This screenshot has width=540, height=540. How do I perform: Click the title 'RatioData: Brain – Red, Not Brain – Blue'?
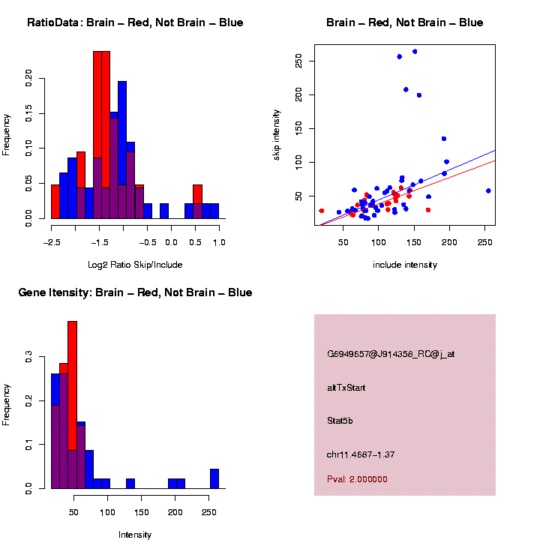click(135, 22)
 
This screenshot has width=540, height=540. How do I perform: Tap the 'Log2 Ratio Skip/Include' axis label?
click(135, 264)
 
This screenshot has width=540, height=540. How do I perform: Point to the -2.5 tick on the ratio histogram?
click(51, 242)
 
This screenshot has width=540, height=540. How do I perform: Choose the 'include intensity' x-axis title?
click(405, 265)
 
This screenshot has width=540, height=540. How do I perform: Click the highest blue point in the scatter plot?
click(415, 52)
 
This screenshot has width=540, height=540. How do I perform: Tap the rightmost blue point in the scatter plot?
click(488, 190)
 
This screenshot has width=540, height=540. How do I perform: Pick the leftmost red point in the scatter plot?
click(322, 211)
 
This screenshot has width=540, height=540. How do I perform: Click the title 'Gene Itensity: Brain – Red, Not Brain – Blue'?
click(135, 292)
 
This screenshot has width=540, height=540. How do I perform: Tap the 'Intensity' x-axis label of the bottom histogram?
click(135, 535)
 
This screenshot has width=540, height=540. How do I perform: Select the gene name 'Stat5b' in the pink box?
click(340, 421)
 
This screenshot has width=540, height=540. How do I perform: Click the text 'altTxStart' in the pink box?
click(346, 388)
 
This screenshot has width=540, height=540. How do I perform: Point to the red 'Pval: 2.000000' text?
click(358, 479)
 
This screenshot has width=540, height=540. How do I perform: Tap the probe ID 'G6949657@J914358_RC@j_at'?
click(391, 354)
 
